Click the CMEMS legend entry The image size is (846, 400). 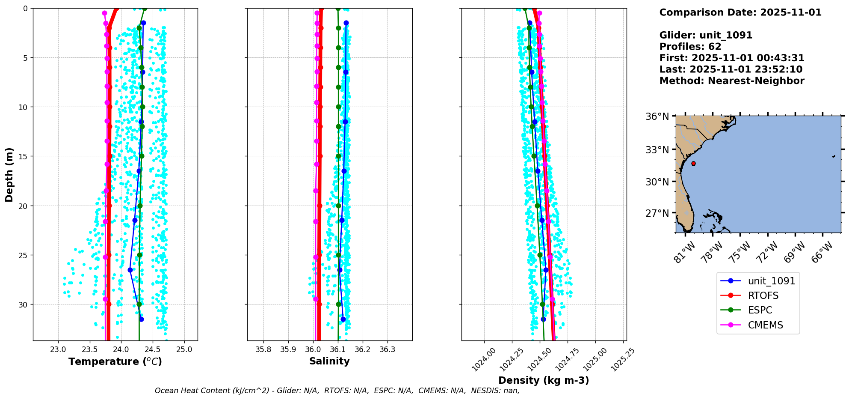(x=765, y=325)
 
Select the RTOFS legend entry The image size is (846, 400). (x=763, y=296)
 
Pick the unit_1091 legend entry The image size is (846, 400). (x=771, y=281)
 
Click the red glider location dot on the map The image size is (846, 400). (x=693, y=164)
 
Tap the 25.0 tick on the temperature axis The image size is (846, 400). (x=184, y=349)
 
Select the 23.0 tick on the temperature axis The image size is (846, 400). (x=58, y=349)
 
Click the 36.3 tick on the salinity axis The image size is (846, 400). (x=387, y=349)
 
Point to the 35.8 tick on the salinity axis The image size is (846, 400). (x=263, y=349)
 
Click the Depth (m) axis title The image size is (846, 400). (x=9, y=174)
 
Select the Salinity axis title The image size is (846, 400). (x=329, y=361)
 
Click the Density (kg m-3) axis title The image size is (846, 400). (x=544, y=380)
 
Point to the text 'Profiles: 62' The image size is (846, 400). (x=690, y=47)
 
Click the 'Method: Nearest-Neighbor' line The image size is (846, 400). (x=732, y=81)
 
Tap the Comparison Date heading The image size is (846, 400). (x=740, y=12)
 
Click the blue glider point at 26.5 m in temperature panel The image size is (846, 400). (x=130, y=270)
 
